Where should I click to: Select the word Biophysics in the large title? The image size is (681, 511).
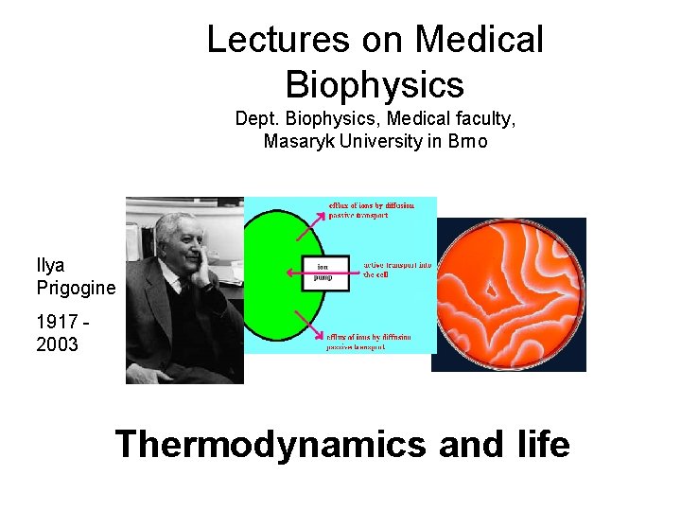click(375, 84)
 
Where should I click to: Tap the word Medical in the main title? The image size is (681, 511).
click(480, 40)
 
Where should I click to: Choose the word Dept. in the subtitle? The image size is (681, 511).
click(258, 120)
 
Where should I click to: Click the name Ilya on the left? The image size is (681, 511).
click(51, 265)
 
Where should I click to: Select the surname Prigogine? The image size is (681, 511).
click(76, 287)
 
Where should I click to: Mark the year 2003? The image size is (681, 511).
click(58, 344)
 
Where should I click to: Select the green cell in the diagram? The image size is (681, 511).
click(270, 274)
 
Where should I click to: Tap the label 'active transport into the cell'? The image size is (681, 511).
click(397, 270)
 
